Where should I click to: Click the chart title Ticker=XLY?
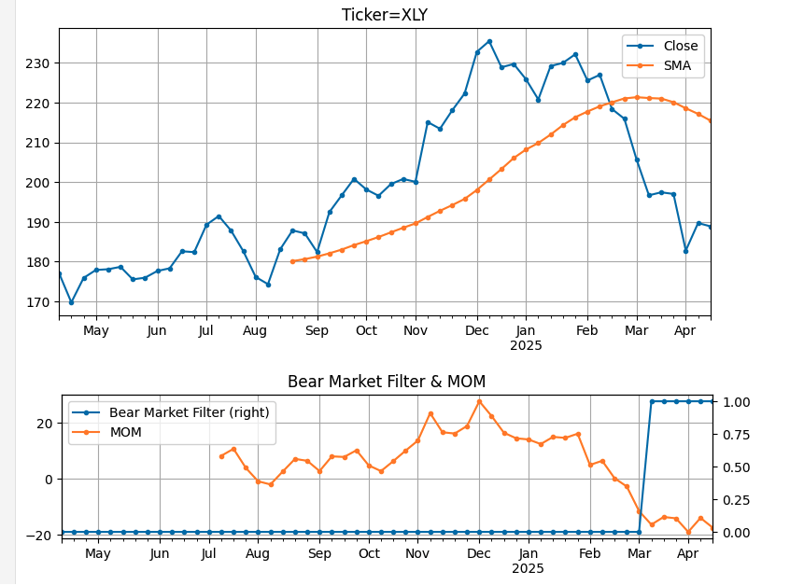click(384, 14)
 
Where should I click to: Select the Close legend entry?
click(680, 46)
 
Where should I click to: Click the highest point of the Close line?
click(489, 41)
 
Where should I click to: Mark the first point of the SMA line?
click(292, 261)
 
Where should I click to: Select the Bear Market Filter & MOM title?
click(387, 382)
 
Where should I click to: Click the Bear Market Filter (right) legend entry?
click(189, 412)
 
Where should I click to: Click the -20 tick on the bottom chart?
click(43, 536)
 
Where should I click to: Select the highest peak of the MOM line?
click(479, 401)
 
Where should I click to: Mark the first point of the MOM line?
click(221, 456)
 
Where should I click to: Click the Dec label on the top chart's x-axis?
click(477, 330)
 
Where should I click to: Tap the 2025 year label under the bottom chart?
click(528, 568)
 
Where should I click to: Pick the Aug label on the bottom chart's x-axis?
click(258, 553)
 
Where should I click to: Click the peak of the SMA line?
click(637, 97)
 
